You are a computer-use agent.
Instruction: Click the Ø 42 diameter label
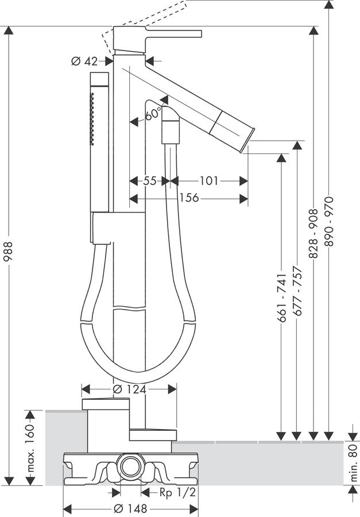[x=85, y=61]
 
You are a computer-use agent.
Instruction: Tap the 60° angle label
[x=153, y=114]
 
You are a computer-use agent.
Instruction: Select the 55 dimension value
[x=150, y=181]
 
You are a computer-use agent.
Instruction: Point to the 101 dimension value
[x=209, y=181]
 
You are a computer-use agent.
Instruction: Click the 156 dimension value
[x=189, y=198]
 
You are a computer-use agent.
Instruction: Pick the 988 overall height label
[x=8, y=251]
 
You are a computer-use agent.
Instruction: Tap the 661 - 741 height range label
[x=281, y=298]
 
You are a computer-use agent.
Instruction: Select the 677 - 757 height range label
[x=297, y=291]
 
